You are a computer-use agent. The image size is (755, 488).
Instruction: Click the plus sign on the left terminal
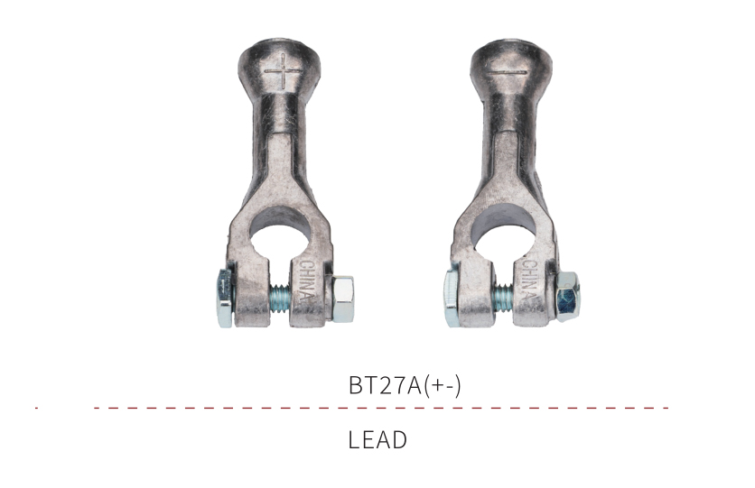pos(284,73)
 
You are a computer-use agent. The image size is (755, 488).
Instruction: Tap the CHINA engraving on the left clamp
pos(307,282)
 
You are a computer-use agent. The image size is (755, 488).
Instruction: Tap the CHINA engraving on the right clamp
pos(529,282)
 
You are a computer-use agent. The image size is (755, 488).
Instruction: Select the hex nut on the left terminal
pos(343,299)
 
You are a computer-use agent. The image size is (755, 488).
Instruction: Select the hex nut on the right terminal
pos(567,296)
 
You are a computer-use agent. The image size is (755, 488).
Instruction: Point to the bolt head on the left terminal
pos(225,298)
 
